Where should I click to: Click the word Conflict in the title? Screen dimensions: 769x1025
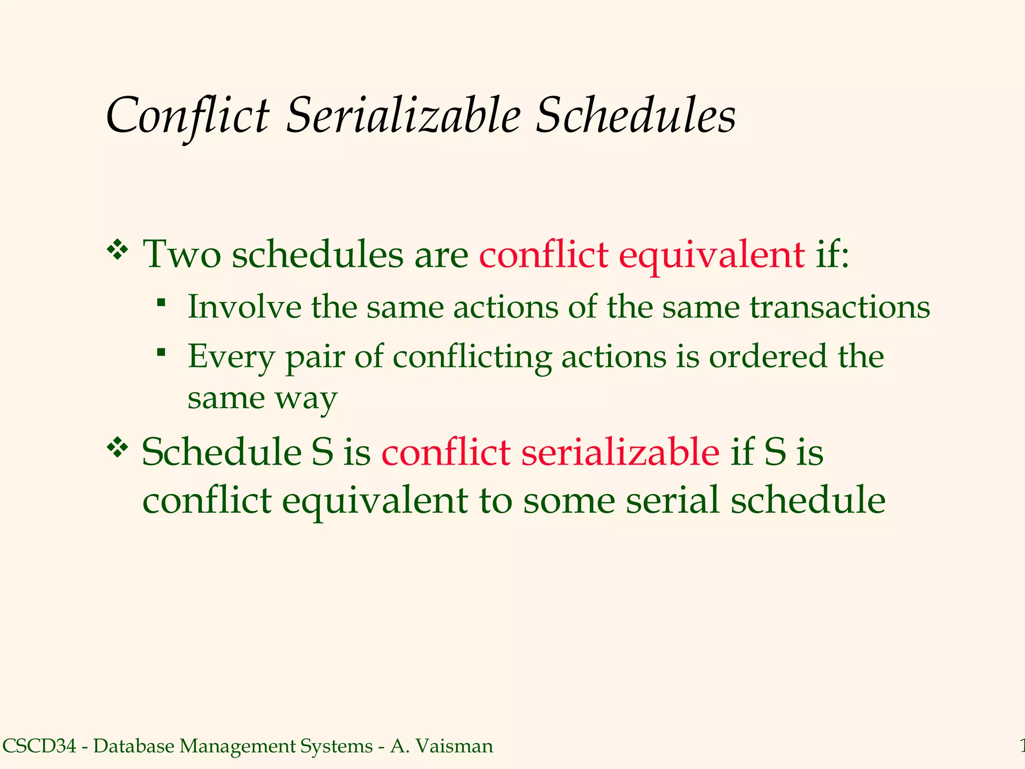188,116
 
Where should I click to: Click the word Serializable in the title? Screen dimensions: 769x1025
403,116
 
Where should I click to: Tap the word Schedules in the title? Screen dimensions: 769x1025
635,116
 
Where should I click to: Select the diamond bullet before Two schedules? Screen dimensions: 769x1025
118,250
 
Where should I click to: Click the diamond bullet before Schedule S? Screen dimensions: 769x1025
118,447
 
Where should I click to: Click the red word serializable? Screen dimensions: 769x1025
620,453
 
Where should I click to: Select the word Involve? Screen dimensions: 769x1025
244,307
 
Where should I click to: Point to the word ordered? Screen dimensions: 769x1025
768,357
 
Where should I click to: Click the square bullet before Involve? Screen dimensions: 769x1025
161,302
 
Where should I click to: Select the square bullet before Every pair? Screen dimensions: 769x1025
161,352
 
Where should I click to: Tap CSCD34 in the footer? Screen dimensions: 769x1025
40,745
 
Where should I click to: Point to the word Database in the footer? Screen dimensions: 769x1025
134,745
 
